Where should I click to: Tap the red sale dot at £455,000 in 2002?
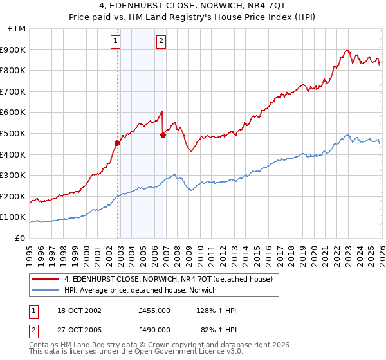118,143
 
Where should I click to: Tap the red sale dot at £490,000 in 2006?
163,135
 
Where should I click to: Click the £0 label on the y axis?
19,238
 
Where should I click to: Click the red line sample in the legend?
46,279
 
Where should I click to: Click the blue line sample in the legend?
46,290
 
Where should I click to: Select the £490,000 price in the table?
154,329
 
